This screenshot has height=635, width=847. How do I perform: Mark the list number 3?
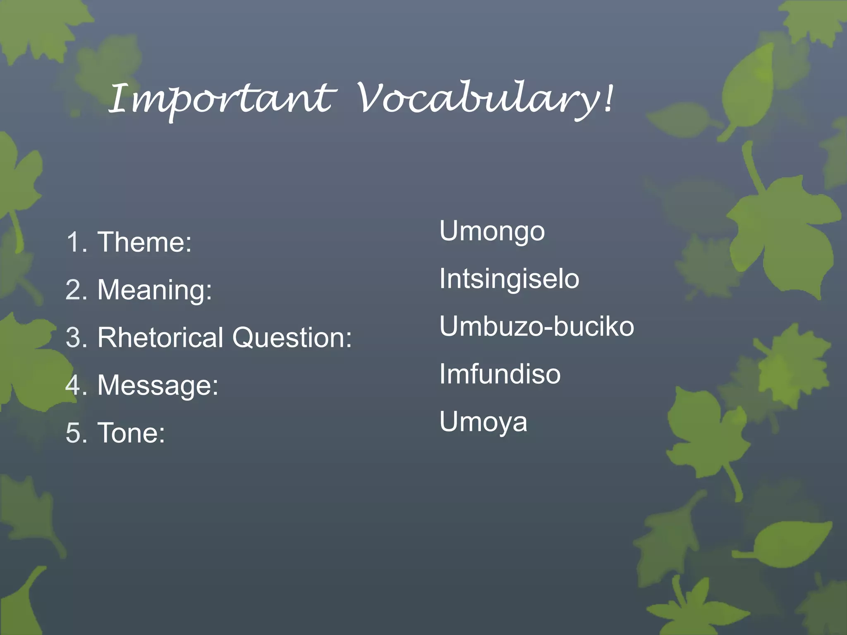(x=74, y=337)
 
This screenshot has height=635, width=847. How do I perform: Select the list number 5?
(x=74, y=433)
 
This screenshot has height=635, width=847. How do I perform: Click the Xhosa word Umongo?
(x=492, y=232)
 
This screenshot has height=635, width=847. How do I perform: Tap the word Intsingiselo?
(x=509, y=279)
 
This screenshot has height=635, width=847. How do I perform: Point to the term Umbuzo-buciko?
(x=536, y=327)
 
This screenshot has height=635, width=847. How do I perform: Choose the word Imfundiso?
(x=500, y=374)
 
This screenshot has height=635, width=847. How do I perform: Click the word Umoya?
(x=483, y=422)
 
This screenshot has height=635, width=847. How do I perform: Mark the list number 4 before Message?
(x=73, y=385)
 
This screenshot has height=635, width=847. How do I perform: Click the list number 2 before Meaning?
(x=74, y=290)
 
